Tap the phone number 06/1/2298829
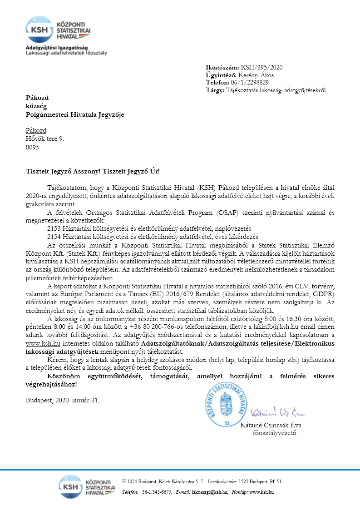tap(250, 83)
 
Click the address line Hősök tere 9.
tap(45, 139)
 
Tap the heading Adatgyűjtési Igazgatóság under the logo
tap(57, 48)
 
